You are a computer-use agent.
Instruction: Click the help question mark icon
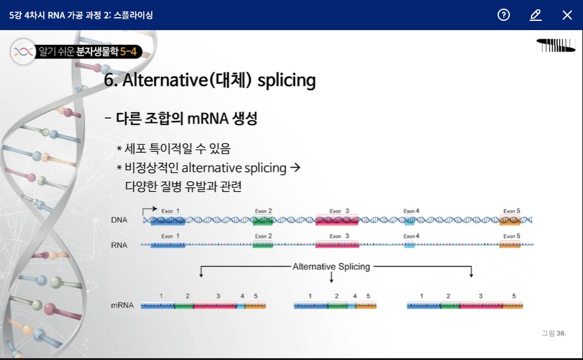click(503, 15)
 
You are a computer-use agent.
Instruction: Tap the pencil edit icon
click(536, 15)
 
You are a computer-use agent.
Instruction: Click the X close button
click(567, 15)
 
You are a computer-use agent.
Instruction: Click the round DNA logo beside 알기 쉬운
click(23, 52)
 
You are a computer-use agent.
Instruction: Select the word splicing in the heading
click(286, 80)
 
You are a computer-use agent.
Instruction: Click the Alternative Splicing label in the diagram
click(331, 267)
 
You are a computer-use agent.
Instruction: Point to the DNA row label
click(119, 220)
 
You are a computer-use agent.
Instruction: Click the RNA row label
click(119, 245)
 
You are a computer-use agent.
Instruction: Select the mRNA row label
click(122, 305)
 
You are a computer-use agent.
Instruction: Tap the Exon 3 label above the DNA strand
click(339, 211)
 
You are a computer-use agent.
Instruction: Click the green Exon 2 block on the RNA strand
click(262, 245)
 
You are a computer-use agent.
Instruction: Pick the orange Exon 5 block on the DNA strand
click(510, 220)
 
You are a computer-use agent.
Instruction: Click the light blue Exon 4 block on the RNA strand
click(409, 245)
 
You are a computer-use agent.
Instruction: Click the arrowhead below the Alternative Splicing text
click(331, 280)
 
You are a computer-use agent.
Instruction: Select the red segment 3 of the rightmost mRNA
click(481, 306)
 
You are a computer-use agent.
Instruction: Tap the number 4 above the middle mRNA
click(354, 296)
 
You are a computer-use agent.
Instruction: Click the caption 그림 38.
click(554, 333)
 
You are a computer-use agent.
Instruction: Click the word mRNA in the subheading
click(208, 119)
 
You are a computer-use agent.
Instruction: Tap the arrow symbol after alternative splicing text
click(295, 167)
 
